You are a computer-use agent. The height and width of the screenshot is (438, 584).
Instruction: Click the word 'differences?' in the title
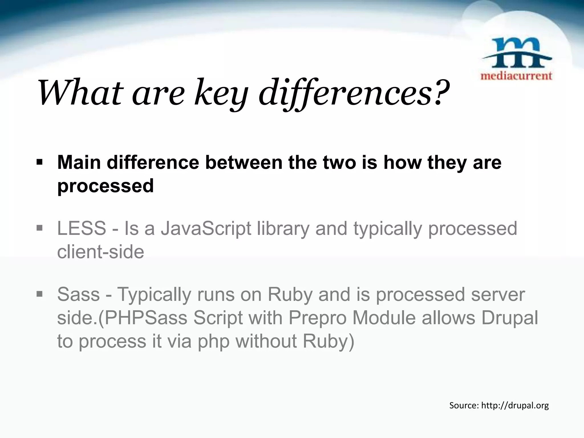click(354, 93)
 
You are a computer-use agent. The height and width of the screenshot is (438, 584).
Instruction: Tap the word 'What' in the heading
click(80, 93)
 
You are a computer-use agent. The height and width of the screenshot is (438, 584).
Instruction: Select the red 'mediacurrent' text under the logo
click(516, 76)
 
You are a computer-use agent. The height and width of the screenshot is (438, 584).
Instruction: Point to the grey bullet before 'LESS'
click(39, 228)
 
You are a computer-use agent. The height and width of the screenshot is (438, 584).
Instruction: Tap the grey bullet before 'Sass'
click(39, 294)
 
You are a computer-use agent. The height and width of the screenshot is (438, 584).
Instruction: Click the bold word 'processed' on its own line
click(106, 186)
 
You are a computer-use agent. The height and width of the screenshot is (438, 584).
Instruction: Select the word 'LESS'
click(82, 228)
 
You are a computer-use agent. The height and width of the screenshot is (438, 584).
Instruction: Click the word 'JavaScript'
click(206, 229)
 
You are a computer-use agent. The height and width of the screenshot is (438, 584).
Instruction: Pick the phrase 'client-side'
click(100, 252)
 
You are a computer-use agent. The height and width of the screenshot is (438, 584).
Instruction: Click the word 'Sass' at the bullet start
click(78, 295)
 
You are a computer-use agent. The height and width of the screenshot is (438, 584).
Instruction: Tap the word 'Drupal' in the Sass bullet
click(510, 318)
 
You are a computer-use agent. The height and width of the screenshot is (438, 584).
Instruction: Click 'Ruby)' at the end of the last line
click(328, 341)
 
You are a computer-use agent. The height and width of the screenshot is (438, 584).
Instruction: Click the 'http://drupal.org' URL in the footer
click(515, 405)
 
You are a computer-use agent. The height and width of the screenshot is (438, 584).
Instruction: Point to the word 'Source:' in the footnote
click(464, 405)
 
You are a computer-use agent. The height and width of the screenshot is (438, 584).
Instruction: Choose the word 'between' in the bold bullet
click(244, 163)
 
